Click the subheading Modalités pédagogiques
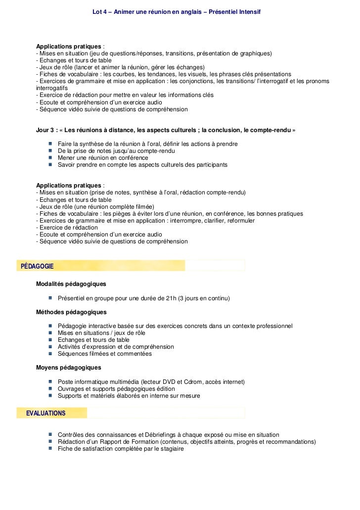pos(71,284)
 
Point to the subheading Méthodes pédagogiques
pos(71,312)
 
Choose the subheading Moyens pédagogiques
pos(69,368)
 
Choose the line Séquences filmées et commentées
pos(105,354)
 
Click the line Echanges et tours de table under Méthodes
pos(93,340)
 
